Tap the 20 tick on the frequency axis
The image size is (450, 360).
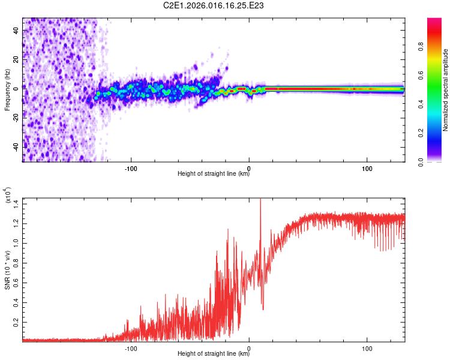point(15,59)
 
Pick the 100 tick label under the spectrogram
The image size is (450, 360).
point(367,168)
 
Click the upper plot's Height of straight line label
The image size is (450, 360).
point(214,175)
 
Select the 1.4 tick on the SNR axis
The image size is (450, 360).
point(15,203)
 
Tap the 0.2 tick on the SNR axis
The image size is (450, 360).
point(15,322)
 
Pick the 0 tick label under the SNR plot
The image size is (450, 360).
point(249,348)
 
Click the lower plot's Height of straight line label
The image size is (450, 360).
point(214,355)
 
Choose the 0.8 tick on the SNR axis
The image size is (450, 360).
point(15,263)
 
